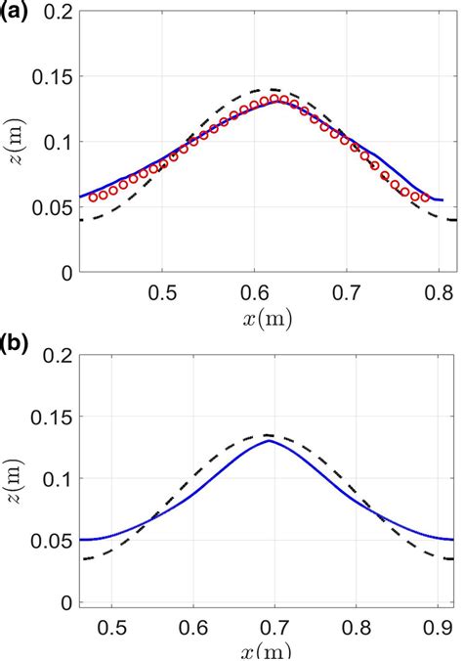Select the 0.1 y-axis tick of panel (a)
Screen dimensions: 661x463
click(x=56, y=143)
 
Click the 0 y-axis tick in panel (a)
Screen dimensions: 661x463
click(x=66, y=274)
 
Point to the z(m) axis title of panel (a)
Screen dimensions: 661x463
click(x=20, y=143)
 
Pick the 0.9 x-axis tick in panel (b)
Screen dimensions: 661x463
click(x=431, y=624)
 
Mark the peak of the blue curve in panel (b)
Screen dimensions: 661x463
click(x=270, y=440)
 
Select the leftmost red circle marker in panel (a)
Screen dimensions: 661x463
click(x=94, y=197)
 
